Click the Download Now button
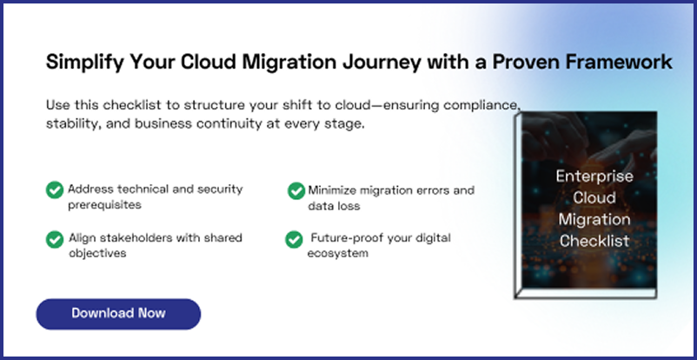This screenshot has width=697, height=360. (x=118, y=313)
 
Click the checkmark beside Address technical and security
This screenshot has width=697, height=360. (x=55, y=190)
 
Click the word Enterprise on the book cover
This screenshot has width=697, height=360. (x=594, y=176)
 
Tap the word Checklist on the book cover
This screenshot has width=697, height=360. (x=594, y=239)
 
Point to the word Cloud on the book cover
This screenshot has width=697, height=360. (x=594, y=197)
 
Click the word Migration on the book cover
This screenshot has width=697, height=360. (x=594, y=218)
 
